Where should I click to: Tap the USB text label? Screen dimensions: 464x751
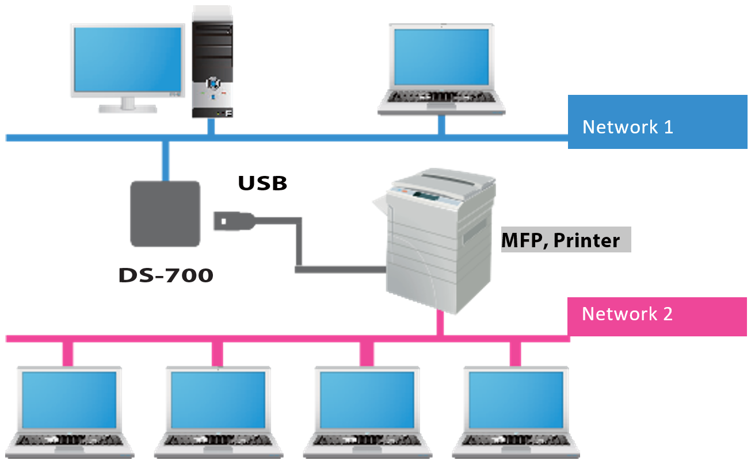point(262,183)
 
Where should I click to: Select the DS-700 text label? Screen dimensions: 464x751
point(166,275)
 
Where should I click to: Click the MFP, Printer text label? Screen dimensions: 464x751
point(561,240)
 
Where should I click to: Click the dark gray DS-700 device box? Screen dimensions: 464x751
point(165,213)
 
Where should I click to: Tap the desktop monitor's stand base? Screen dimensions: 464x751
point(127,108)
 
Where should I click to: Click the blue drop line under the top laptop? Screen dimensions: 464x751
point(441,125)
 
